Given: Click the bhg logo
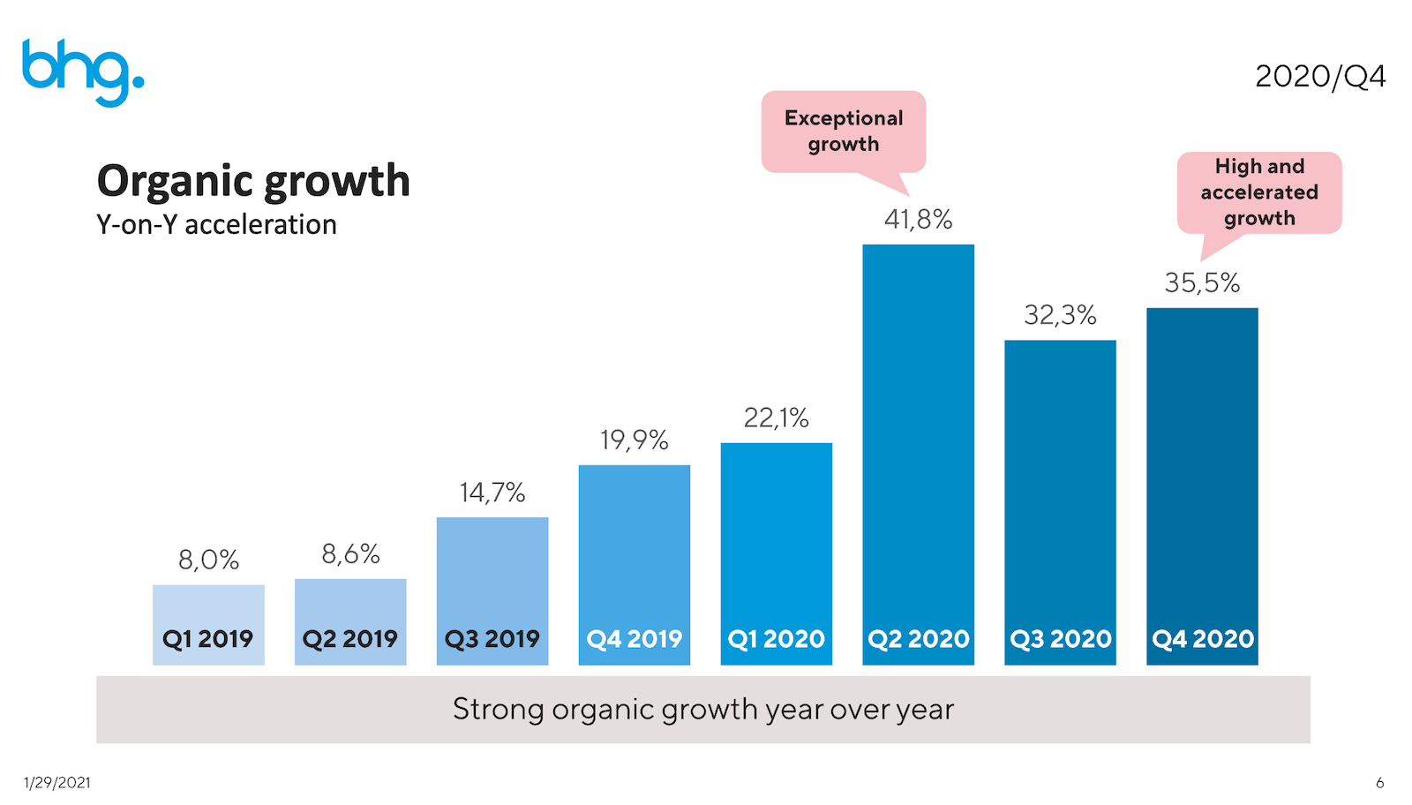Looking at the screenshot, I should click(x=82, y=71).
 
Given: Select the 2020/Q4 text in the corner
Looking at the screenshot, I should click(x=1319, y=77).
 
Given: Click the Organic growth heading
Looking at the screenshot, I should click(x=253, y=181).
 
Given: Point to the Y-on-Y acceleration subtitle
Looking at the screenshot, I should click(x=216, y=225).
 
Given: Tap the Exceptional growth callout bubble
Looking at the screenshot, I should click(x=844, y=131).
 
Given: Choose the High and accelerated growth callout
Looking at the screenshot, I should click(x=1259, y=192).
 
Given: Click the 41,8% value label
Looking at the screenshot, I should click(x=918, y=219).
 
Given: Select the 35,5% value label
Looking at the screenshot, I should click(x=1202, y=283).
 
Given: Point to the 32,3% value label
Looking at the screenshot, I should click(x=1060, y=315).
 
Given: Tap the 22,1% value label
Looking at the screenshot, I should click(x=776, y=418).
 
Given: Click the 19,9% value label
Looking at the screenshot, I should click(x=634, y=440).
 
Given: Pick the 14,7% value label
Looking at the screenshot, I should click(x=492, y=493).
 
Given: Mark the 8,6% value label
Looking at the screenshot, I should click(x=350, y=554).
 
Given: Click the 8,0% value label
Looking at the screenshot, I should click(x=208, y=560).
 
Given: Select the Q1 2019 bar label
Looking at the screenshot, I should click(x=208, y=638).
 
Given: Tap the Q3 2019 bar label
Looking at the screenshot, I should click(x=492, y=638).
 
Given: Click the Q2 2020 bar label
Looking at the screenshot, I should click(x=918, y=638).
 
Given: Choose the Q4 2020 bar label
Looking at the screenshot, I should click(x=1202, y=638).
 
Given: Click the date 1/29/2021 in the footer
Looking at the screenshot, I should click(x=56, y=782).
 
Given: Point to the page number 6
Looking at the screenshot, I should click(x=1379, y=782).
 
